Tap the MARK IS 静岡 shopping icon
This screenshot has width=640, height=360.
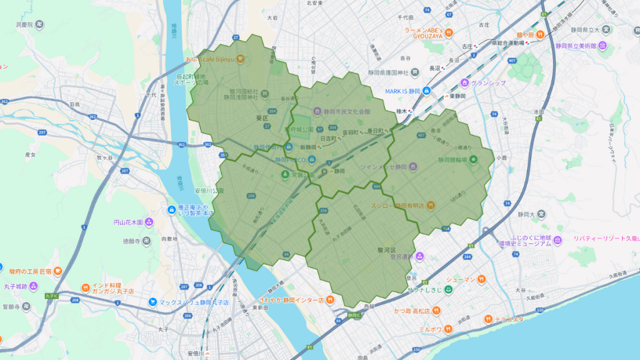click(x=426, y=91)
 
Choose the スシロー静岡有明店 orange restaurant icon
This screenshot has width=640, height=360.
click(x=431, y=206)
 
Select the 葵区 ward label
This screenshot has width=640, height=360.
click(x=261, y=117)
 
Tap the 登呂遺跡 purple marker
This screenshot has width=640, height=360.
click(x=420, y=256)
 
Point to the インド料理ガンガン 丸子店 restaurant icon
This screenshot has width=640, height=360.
click(x=86, y=287)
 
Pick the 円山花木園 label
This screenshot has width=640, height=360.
click(x=128, y=222)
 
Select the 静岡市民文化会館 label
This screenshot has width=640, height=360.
click(x=347, y=111)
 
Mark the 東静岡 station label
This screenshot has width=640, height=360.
click(x=461, y=97)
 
